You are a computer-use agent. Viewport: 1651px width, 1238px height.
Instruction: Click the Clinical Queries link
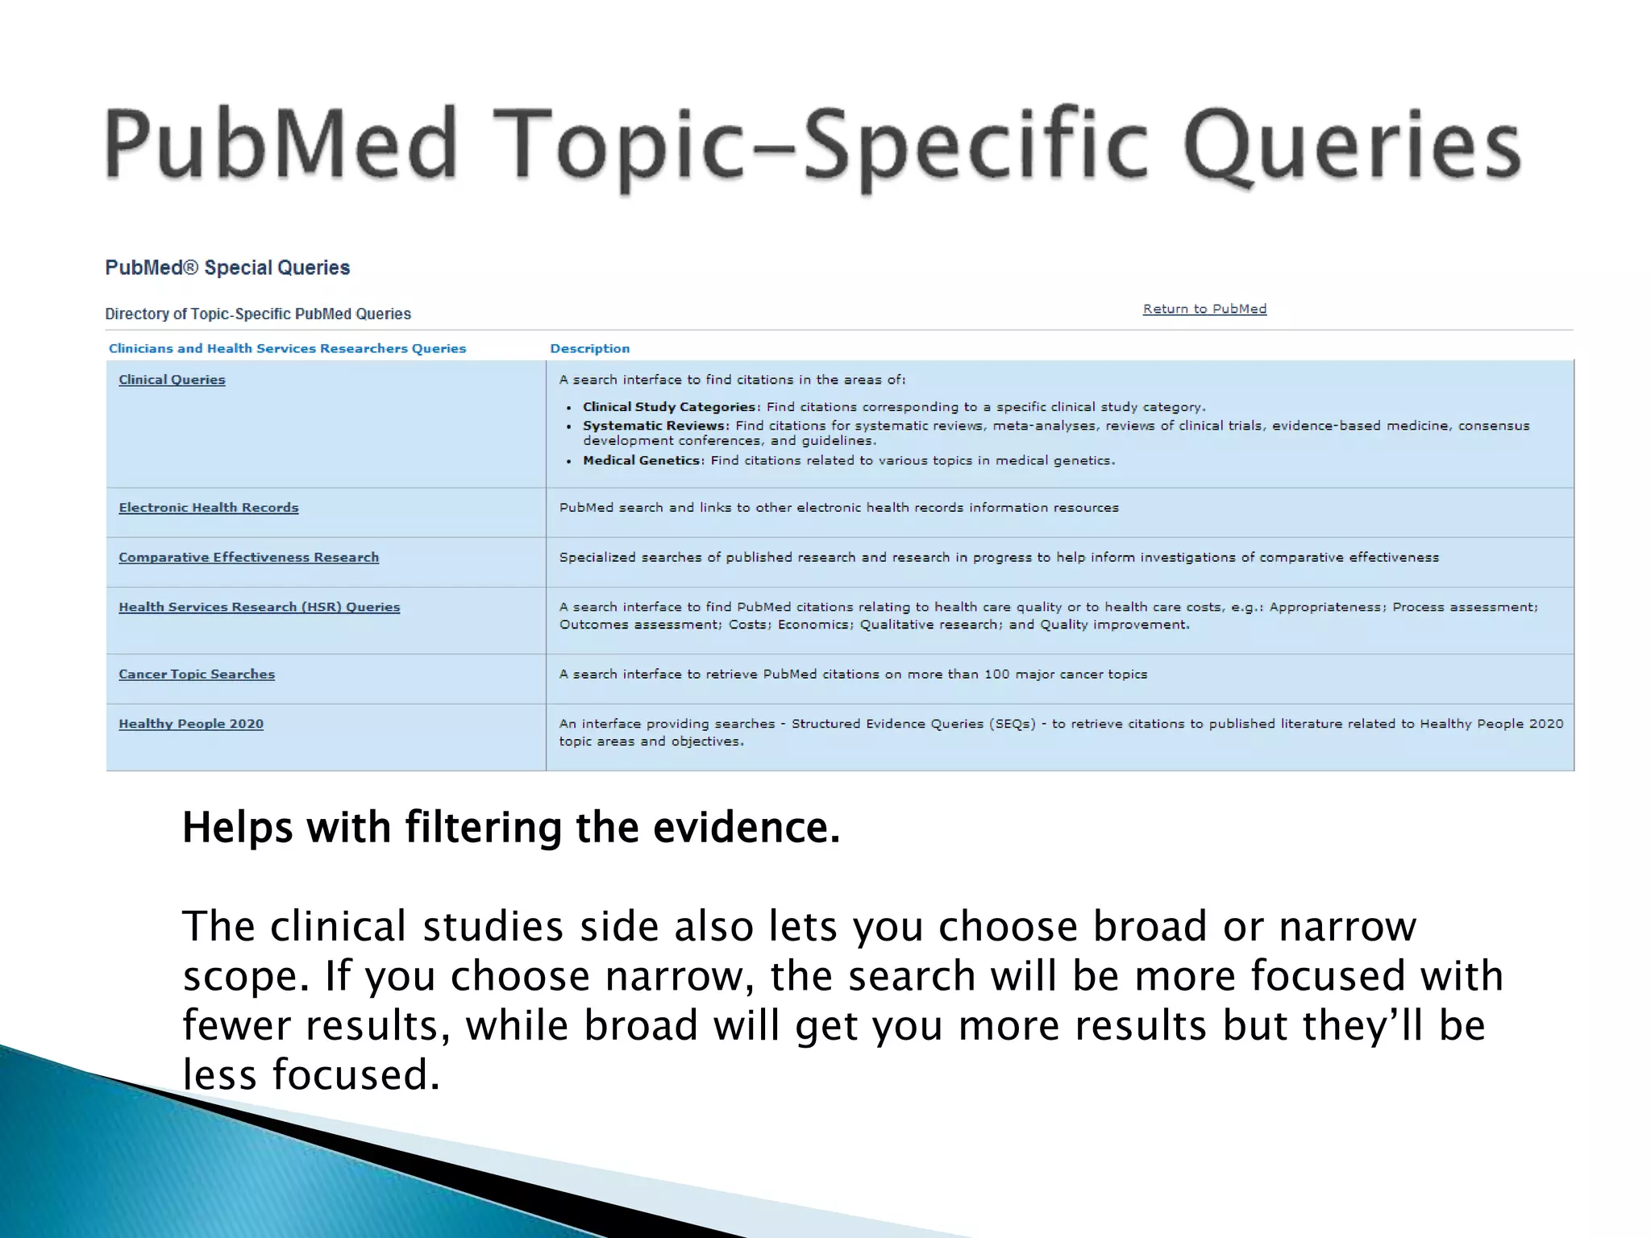tap(172, 380)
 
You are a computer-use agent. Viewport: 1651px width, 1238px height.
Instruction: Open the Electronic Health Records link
tap(208, 508)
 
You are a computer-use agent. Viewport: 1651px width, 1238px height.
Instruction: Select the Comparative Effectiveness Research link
tap(248, 558)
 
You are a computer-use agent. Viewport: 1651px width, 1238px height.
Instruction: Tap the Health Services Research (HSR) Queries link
tap(259, 608)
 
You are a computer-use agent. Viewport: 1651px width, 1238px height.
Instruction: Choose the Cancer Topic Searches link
tap(197, 675)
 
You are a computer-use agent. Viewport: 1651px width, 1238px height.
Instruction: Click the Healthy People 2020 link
tap(191, 725)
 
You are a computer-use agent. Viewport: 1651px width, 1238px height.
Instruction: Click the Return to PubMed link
tap(1204, 309)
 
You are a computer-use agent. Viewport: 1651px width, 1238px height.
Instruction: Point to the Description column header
tap(589, 349)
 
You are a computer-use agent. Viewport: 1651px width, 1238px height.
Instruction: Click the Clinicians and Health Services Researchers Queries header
tap(287, 349)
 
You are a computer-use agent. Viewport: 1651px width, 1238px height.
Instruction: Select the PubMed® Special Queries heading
tap(227, 268)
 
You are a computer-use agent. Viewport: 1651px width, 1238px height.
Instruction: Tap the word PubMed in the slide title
tap(281, 145)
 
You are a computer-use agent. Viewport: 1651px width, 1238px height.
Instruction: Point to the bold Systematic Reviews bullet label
tap(655, 426)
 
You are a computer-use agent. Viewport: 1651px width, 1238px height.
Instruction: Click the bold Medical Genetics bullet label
tap(643, 461)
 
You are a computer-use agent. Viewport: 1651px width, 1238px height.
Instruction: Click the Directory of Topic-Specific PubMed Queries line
tap(258, 314)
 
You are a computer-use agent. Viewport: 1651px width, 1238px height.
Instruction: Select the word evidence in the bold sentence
tap(746, 829)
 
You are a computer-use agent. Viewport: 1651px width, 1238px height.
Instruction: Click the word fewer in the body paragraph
tap(236, 1026)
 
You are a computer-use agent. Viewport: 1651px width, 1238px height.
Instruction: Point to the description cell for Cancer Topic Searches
tap(853, 675)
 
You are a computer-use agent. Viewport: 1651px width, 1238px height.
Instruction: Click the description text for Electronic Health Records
tap(838, 508)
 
